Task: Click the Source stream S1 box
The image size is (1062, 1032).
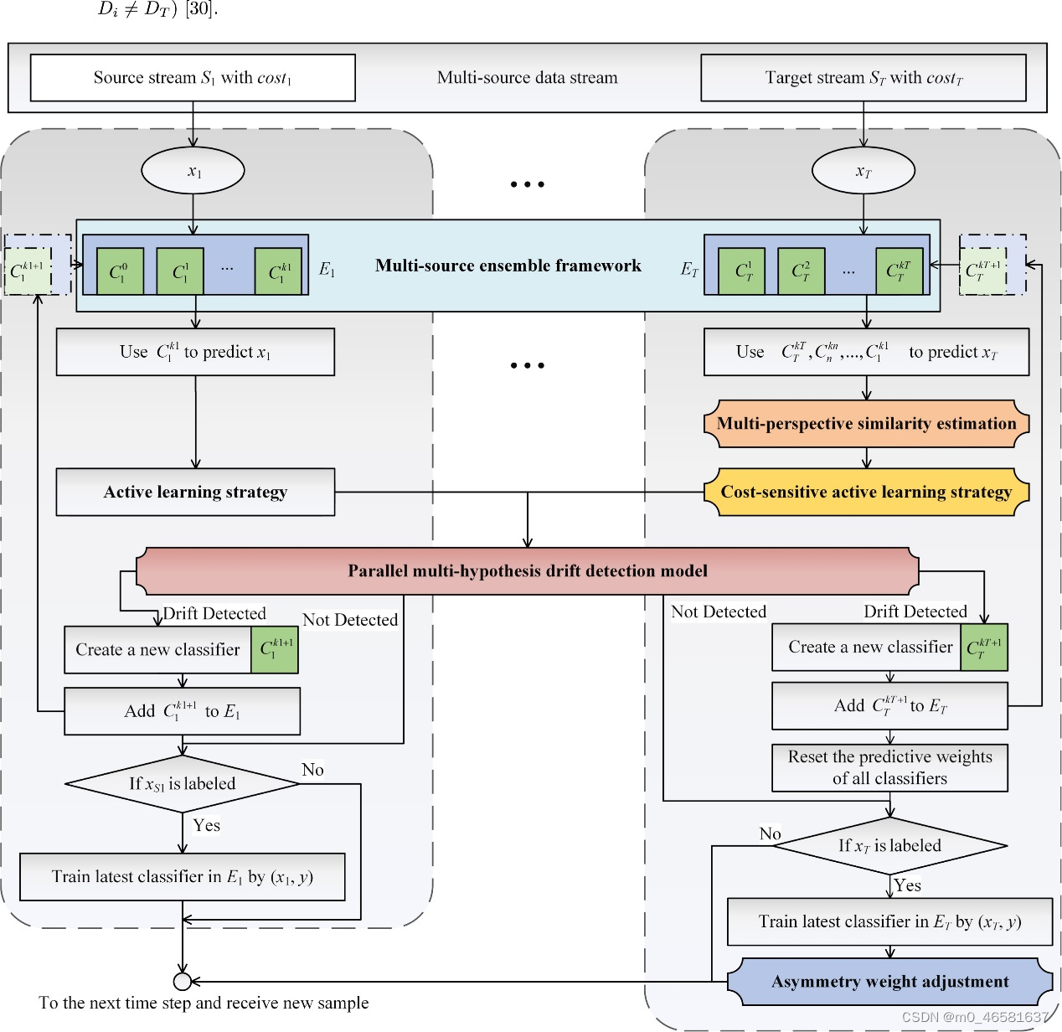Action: (x=193, y=78)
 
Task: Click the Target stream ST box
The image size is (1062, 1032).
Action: (x=863, y=78)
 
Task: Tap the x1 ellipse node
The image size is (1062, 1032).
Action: (x=193, y=171)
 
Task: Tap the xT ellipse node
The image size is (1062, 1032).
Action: (x=863, y=171)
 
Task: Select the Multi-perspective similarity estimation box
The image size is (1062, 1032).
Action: (x=866, y=423)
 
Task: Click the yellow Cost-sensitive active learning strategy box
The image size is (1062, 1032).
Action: (x=866, y=492)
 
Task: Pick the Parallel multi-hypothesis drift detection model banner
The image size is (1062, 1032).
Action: (x=528, y=570)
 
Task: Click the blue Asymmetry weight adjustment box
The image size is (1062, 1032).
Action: (x=889, y=981)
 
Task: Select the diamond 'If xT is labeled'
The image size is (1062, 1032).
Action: (x=889, y=845)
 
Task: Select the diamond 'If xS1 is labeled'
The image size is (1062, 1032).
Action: (x=182, y=783)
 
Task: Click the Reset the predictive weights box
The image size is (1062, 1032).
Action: (x=889, y=767)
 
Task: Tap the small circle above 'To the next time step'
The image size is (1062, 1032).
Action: (x=182, y=981)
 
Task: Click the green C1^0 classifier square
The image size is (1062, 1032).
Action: (x=120, y=271)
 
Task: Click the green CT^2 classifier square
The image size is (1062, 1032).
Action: (x=801, y=271)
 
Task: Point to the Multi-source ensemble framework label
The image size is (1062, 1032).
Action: (x=508, y=266)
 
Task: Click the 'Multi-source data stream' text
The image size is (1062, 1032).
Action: (x=527, y=78)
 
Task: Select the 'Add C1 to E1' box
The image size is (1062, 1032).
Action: (x=182, y=711)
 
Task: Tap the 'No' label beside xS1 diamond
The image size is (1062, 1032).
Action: (x=312, y=769)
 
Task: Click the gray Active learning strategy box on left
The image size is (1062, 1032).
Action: (x=195, y=492)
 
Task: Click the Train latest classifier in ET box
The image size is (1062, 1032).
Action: (x=889, y=921)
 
